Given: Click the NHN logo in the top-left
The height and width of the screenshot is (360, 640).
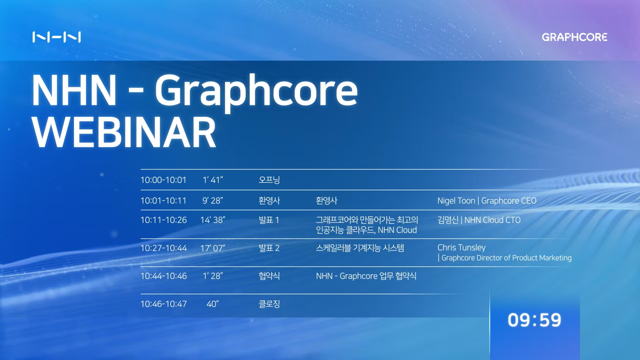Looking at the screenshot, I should point(56,37).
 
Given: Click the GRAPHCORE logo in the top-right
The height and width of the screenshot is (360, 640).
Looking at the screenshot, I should point(574,37).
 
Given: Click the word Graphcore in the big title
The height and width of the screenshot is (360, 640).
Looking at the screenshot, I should point(255,90).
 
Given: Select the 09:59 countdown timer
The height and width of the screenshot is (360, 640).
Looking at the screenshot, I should point(534,320).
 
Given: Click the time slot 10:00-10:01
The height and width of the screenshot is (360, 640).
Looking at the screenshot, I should point(163,180).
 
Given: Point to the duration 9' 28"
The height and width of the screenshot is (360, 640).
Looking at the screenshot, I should point(212,200).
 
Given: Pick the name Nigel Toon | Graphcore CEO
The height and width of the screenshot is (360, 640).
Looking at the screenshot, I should point(486,200).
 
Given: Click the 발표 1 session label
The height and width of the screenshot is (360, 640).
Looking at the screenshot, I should point(269,220).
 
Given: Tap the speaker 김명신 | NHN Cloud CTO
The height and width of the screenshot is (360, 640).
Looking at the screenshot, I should point(478,220).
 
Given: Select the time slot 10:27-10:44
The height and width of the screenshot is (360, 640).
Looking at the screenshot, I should point(163,248).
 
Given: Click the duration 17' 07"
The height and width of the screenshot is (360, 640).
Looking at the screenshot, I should point(212,248).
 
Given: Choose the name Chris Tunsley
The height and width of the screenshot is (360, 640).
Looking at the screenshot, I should point(461,247).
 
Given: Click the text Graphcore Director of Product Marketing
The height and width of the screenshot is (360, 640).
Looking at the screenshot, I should point(506,258).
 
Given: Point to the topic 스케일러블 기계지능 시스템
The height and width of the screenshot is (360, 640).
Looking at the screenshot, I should point(359,248).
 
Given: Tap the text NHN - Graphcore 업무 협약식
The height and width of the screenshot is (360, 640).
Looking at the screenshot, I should point(366,276).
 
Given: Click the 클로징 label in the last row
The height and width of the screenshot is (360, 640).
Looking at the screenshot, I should point(269,304).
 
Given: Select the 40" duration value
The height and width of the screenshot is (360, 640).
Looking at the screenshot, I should point(212,304).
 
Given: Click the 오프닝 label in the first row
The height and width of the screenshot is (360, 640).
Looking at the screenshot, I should point(269,180).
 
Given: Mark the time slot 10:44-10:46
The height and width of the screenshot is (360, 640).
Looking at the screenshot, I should point(163,276).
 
